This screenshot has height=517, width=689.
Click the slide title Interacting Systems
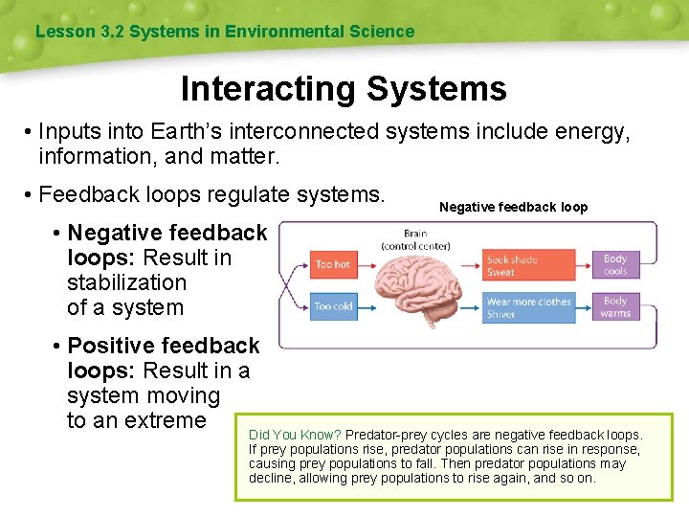click(x=344, y=89)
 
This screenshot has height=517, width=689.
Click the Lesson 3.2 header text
click(x=225, y=32)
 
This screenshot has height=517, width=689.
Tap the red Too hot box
click(x=333, y=264)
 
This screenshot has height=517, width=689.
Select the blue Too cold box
click(x=333, y=307)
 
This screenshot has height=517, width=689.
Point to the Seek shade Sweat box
click(x=529, y=265)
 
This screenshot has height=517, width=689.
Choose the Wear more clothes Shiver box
click(x=529, y=307)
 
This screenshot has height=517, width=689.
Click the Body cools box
click(x=615, y=264)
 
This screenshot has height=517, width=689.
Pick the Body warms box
click(x=615, y=307)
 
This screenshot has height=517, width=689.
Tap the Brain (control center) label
click(x=415, y=239)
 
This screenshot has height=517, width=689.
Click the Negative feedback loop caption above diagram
click(x=513, y=207)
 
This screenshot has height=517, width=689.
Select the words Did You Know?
click(x=295, y=435)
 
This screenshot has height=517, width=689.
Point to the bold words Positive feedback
click(x=164, y=346)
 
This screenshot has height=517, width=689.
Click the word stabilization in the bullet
click(x=126, y=282)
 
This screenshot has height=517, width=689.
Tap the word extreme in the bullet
click(x=170, y=420)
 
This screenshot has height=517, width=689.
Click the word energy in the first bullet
click(x=595, y=131)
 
